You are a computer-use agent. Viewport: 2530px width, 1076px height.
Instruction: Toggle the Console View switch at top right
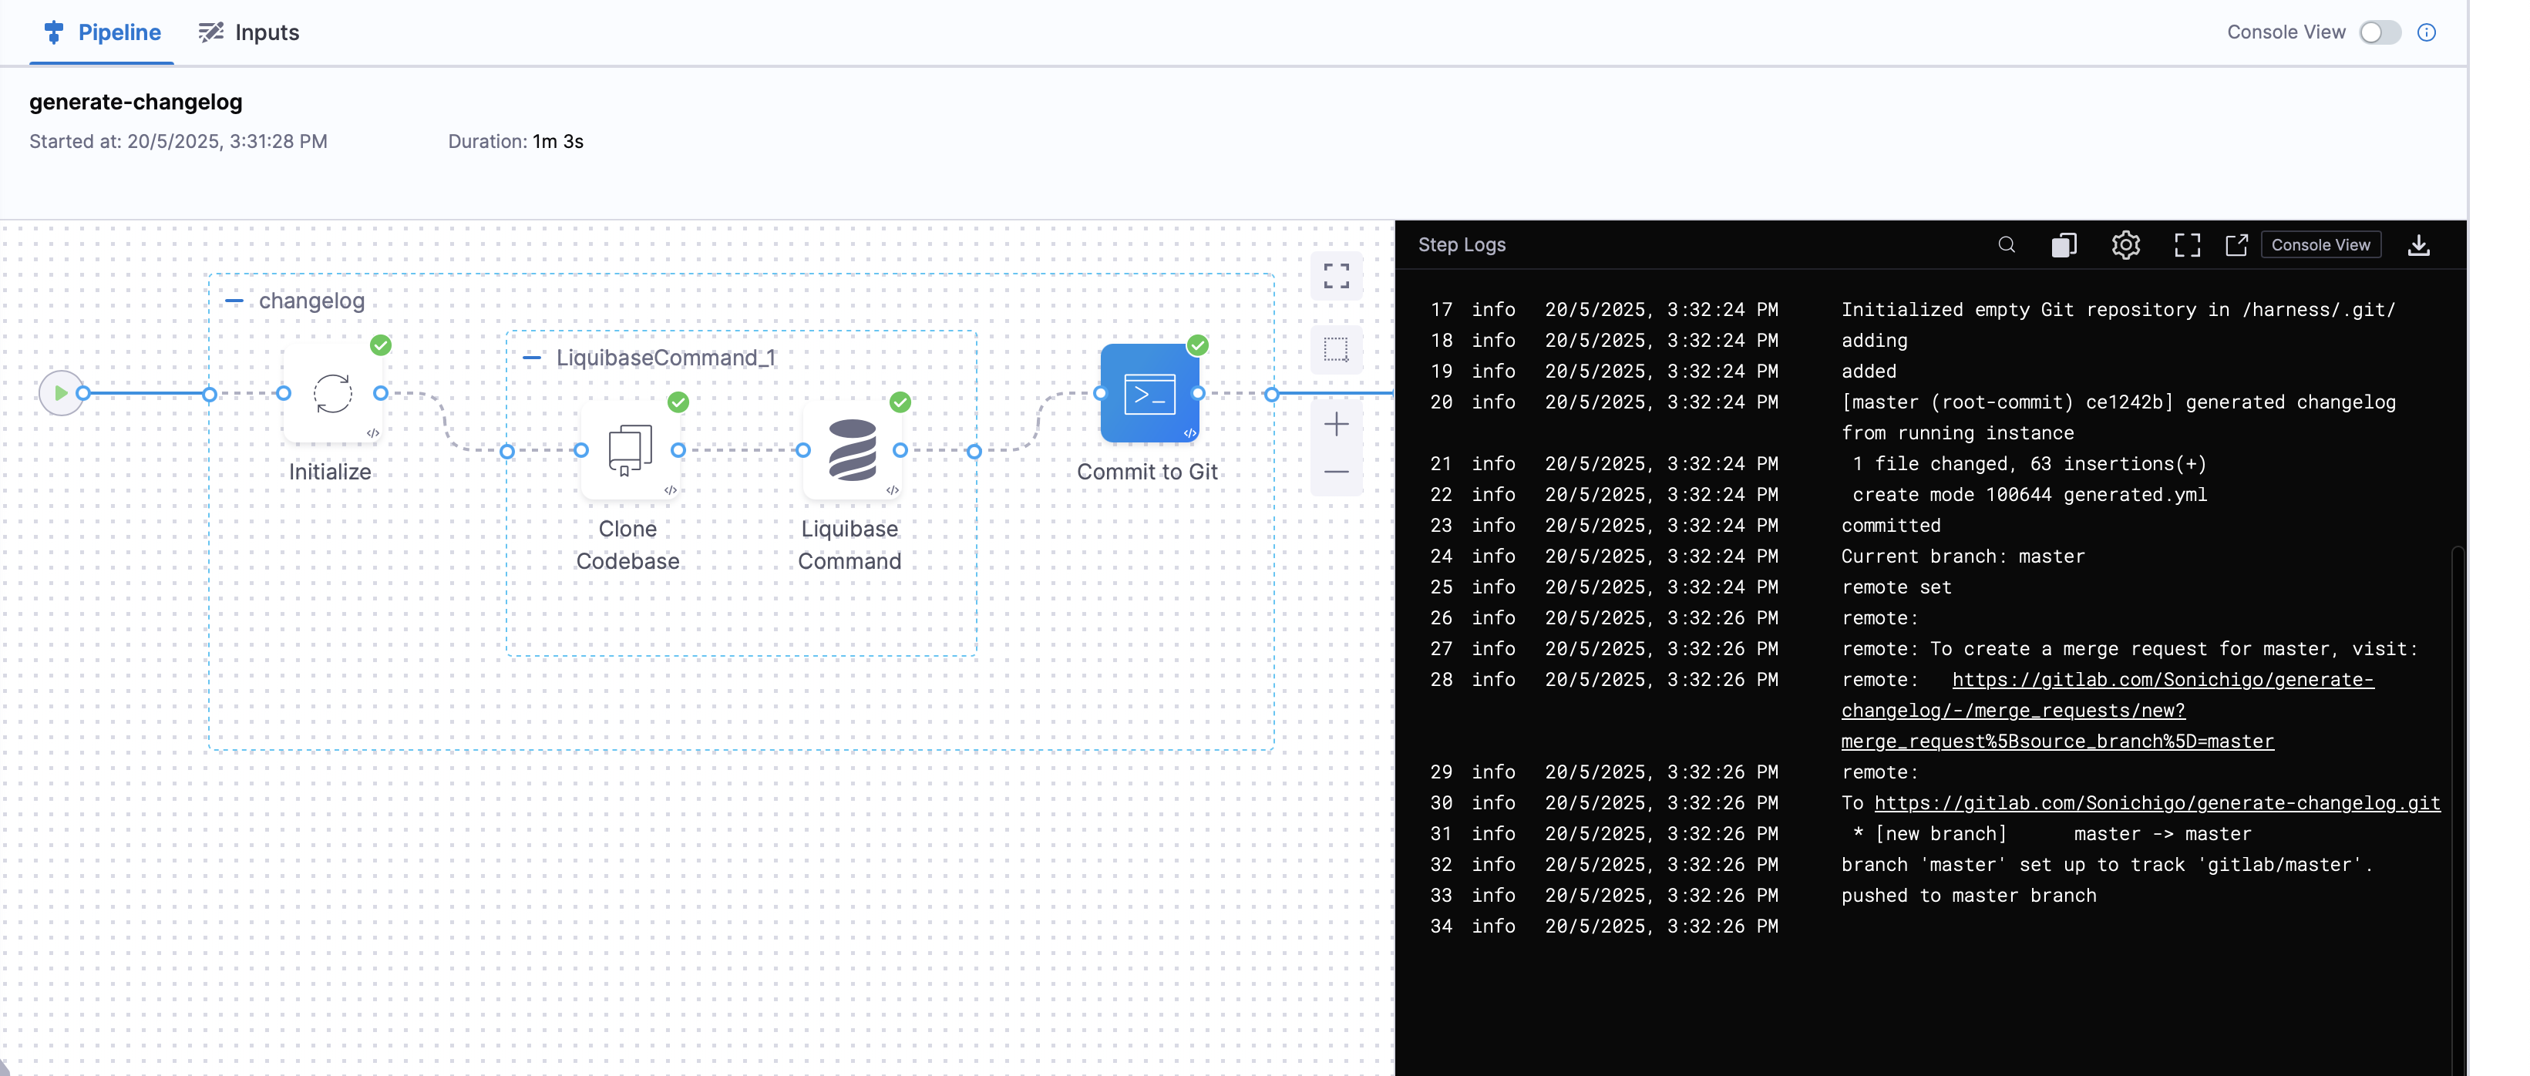[2379, 32]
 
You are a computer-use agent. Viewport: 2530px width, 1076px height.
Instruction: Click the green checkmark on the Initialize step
[381, 345]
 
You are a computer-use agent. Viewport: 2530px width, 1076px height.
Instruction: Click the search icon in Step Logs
[2007, 245]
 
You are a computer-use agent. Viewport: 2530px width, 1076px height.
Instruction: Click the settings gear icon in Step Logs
[2125, 245]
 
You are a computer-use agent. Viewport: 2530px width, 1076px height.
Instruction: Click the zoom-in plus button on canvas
[1336, 425]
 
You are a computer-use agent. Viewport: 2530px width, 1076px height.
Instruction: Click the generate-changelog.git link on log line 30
[2157, 803]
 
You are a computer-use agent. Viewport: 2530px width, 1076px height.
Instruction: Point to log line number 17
[1441, 310]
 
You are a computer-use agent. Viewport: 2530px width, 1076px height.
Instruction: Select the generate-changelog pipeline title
[136, 102]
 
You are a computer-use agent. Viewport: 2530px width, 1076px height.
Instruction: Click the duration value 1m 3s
[558, 141]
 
